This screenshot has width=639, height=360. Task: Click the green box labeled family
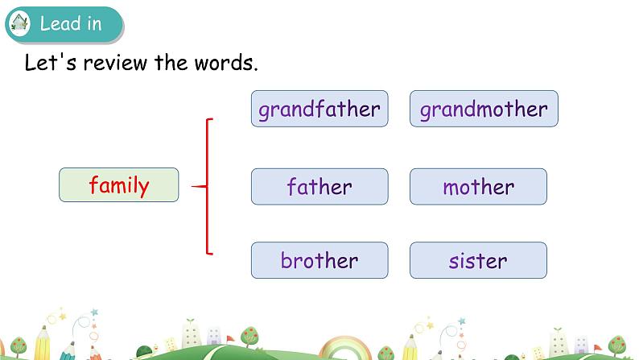[x=118, y=185]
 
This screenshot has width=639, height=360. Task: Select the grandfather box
[x=319, y=109]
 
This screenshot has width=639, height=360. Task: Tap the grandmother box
[x=484, y=109]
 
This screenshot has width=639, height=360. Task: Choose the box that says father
[x=319, y=187]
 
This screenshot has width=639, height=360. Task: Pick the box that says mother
[x=478, y=187]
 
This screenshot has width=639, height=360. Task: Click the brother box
[x=319, y=261]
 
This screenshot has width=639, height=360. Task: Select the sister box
[x=478, y=261]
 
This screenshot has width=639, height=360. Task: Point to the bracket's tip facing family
[x=194, y=187]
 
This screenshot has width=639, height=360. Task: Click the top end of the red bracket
[x=213, y=120]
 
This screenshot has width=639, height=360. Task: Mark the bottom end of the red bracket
[x=213, y=254]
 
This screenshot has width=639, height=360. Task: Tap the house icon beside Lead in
[x=20, y=23]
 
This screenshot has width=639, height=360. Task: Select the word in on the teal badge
[x=93, y=23]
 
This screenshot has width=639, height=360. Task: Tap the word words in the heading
[x=225, y=63]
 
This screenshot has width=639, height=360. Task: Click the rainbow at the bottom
[x=344, y=349]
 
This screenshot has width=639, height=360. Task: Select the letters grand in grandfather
[x=287, y=110]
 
